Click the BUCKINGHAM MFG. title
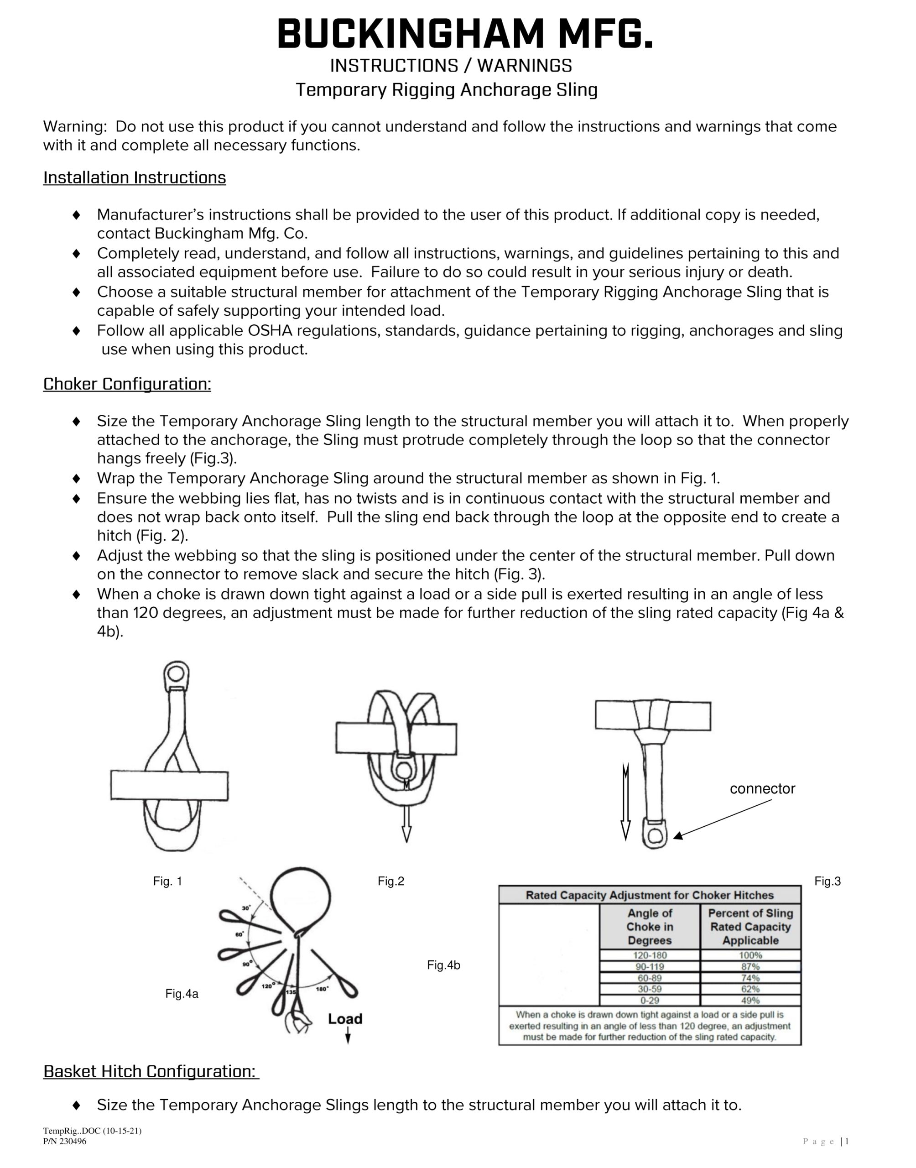point(465,35)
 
